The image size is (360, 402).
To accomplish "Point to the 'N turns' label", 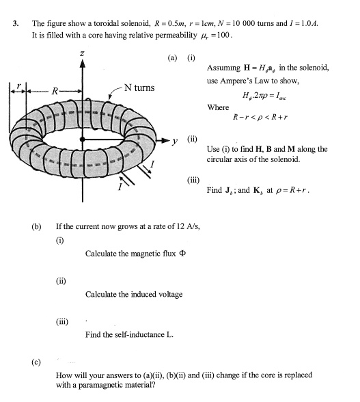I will pos(139,88).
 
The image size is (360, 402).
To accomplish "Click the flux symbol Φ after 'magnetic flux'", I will pos(183,254).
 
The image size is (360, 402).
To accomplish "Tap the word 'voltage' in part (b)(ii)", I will pos(168,295).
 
